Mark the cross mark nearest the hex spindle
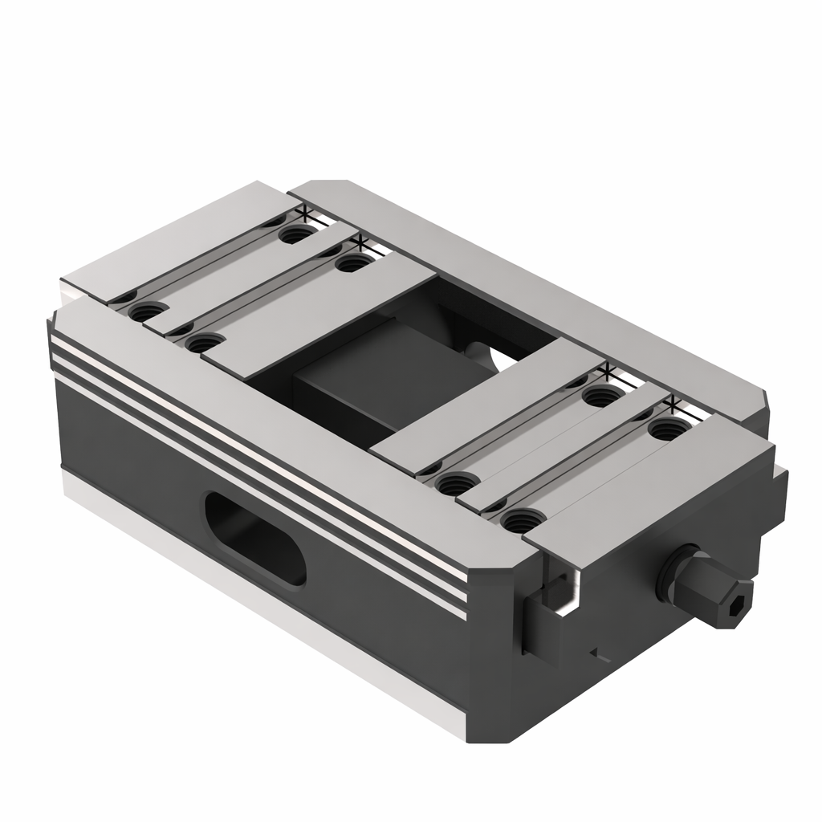click(673, 402)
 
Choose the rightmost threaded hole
click(668, 428)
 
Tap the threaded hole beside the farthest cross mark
click(297, 234)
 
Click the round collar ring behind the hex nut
click(671, 574)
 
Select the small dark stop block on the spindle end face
click(543, 622)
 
